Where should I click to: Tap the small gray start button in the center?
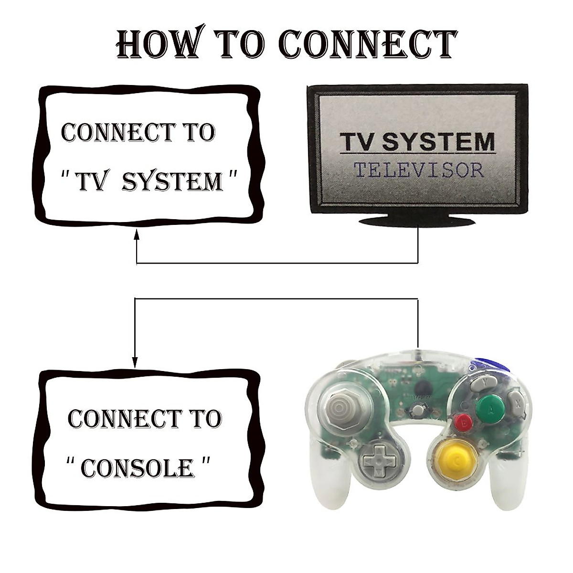click(x=418, y=409)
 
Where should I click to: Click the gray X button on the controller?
click(x=516, y=400)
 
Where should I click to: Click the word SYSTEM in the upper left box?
click(x=173, y=182)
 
